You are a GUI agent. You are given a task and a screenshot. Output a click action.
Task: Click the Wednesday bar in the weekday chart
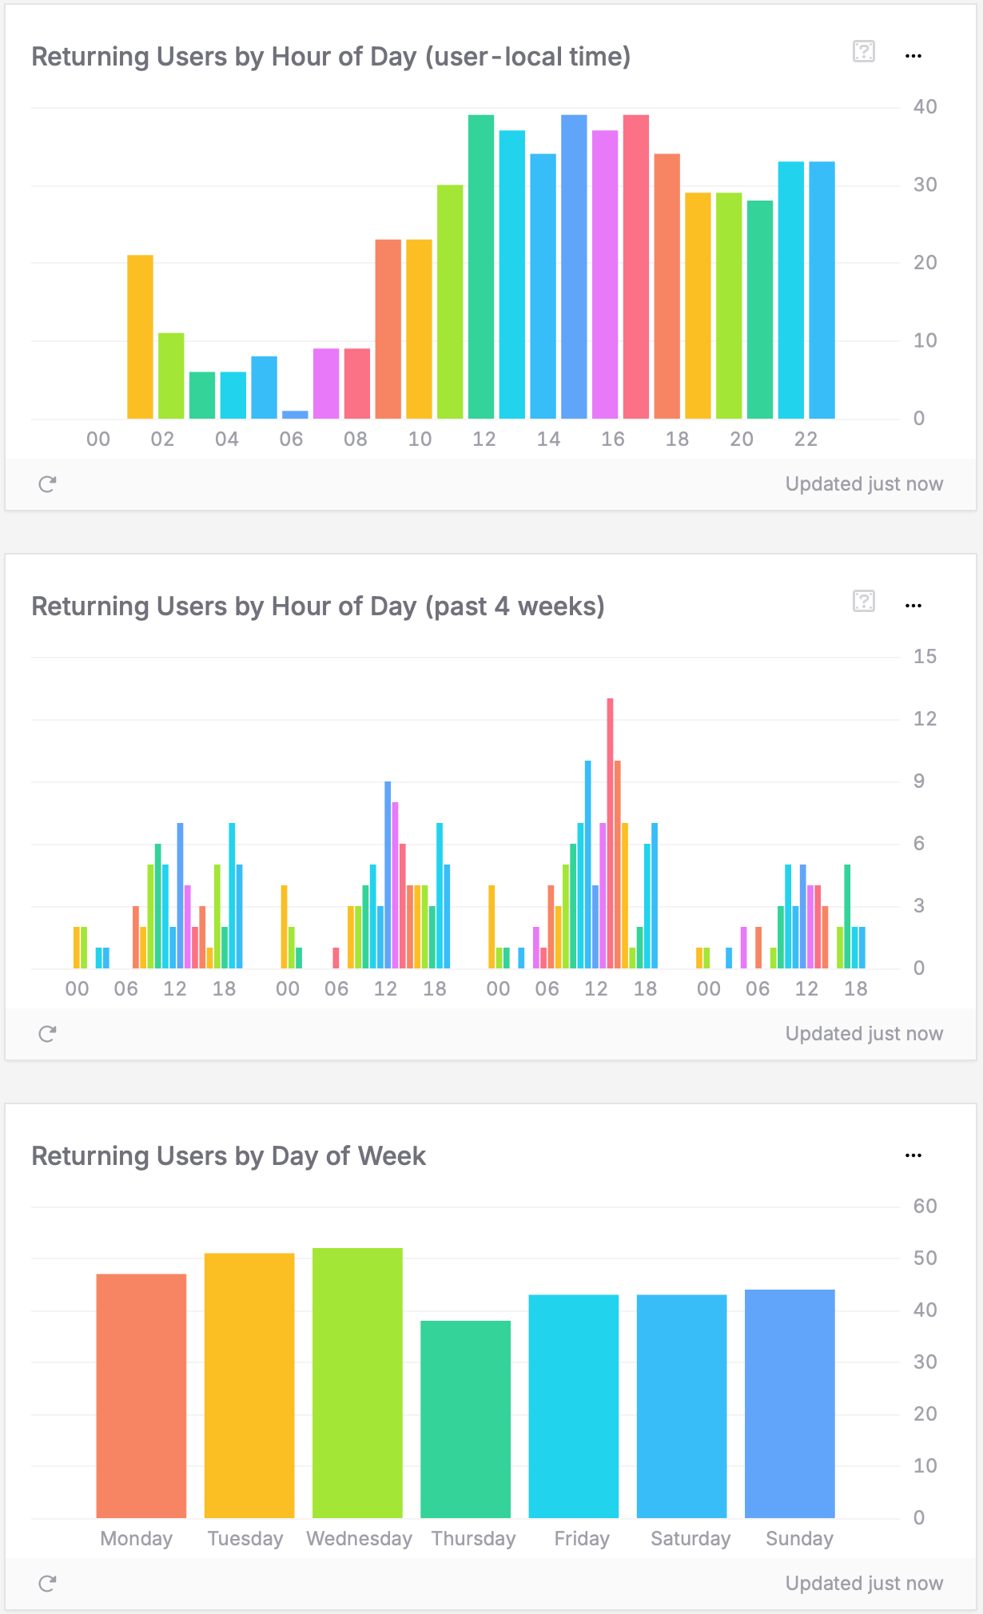point(357,1382)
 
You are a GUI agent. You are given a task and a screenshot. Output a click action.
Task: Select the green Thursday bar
point(465,1419)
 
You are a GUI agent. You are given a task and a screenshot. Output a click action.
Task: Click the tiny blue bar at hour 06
point(295,415)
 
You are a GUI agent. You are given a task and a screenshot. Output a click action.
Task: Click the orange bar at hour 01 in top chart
point(140,336)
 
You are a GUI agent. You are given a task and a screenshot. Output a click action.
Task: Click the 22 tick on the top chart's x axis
point(806,439)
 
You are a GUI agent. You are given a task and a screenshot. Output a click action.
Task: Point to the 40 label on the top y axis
point(925,107)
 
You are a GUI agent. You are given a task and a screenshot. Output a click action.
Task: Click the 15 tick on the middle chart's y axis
point(925,657)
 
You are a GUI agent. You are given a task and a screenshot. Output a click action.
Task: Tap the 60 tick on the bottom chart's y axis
point(925,1207)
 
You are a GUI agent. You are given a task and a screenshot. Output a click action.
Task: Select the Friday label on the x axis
point(582,1539)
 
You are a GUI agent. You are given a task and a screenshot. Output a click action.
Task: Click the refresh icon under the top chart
point(47,484)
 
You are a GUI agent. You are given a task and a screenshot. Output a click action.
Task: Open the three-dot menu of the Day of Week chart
point(913,1155)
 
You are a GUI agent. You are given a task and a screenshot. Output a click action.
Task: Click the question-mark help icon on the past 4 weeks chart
point(864,601)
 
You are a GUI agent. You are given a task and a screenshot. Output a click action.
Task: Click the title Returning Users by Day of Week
point(229,1156)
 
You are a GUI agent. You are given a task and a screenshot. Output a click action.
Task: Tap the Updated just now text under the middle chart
point(864,1034)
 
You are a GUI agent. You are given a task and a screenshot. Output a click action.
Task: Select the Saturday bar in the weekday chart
point(682,1406)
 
